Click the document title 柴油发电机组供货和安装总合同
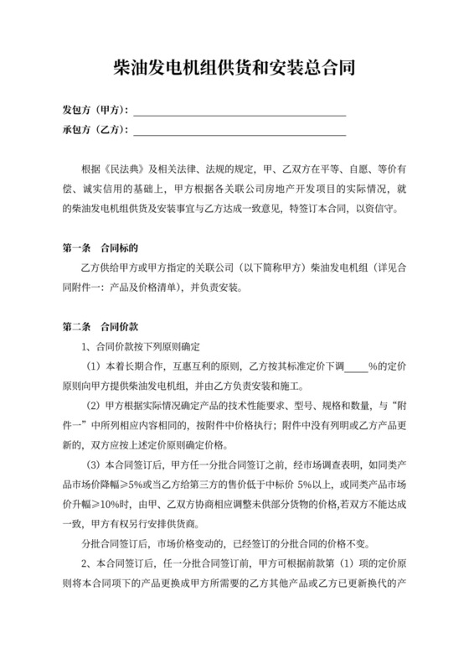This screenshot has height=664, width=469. pos(234,69)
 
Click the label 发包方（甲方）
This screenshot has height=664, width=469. pos(95,111)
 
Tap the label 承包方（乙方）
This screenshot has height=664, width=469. pos(95,130)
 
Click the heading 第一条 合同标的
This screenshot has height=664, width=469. pos(100,248)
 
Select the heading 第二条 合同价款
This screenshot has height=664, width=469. pos(100,326)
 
